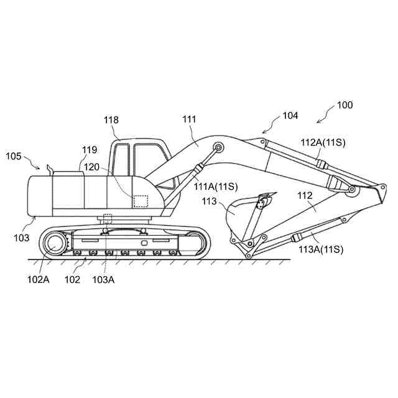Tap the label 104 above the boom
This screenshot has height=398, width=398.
point(290,115)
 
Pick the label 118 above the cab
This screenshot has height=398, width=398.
point(112,119)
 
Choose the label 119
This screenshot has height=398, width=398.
point(90,150)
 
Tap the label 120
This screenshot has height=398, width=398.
point(93,167)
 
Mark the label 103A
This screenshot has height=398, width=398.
point(103,279)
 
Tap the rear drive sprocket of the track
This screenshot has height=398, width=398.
point(52,244)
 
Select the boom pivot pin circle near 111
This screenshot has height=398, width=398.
point(218,147)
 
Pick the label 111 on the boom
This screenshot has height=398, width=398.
point(189,118)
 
